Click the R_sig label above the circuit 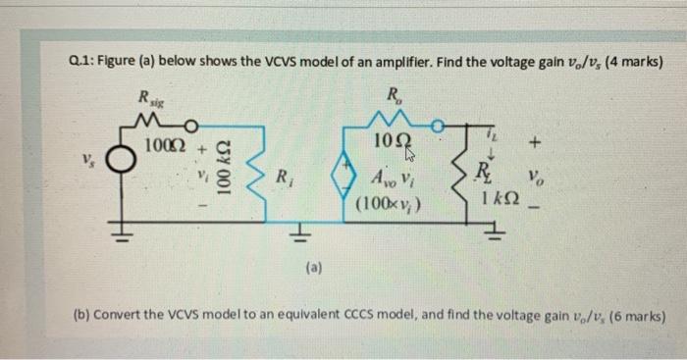154,98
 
